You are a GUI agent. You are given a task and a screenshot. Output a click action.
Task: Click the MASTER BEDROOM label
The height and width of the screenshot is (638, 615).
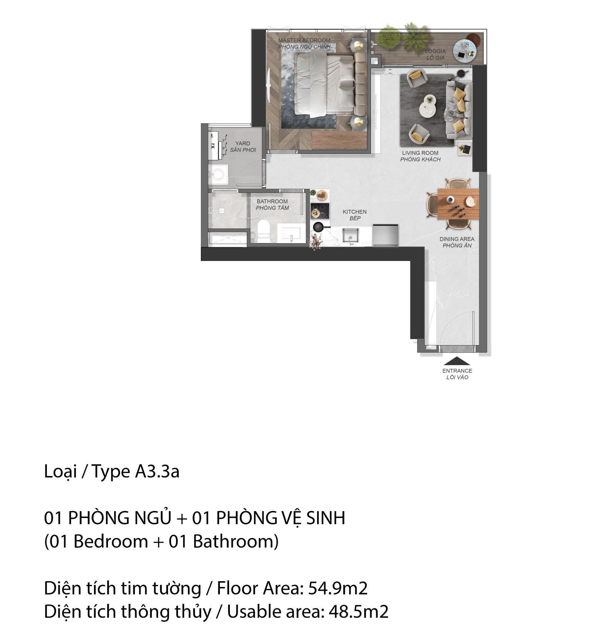(304, 40)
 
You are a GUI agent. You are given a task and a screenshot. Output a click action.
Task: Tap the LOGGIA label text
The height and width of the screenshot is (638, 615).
(435, 51)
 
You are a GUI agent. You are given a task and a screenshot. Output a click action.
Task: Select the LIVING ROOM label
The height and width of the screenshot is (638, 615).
(420, 153)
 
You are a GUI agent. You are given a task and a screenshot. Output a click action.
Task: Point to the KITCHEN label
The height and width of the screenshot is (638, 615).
(354, 212)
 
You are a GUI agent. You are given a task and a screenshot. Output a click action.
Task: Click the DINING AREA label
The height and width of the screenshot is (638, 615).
(457, 239)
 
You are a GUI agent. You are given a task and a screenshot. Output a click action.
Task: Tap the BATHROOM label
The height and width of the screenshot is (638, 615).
(272, 201)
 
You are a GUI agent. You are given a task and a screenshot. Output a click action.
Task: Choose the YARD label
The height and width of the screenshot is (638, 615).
(243, 143)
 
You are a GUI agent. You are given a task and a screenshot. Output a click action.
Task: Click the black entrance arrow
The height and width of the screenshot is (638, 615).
(457, 361)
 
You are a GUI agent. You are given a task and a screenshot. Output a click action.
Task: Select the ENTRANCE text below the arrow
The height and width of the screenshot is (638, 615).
(457, 371)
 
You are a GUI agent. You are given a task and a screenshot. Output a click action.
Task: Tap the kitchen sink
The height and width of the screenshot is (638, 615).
(351, 235)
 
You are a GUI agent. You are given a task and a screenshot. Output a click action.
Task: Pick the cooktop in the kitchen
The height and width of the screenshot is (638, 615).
(320, 211)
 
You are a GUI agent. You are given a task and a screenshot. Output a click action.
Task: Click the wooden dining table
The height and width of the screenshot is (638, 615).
(458, 203)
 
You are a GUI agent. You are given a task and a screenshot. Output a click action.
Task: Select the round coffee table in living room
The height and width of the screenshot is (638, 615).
(429, 105)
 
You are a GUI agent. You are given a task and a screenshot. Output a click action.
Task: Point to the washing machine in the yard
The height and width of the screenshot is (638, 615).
(218, 173)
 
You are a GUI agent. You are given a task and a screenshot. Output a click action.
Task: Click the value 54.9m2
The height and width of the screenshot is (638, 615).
(338, 588)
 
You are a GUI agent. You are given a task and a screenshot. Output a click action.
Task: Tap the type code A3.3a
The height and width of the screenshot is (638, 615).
(157, 472)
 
